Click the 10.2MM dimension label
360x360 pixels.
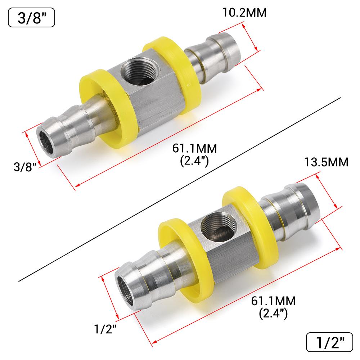(244, 13)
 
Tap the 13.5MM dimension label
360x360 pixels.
(326, 162)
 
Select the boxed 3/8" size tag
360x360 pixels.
(31, 18)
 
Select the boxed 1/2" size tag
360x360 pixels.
(329, 342)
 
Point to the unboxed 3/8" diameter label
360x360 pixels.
(25, 167)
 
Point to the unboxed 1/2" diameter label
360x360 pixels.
(105, 329)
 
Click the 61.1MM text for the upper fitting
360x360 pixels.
(194, 149)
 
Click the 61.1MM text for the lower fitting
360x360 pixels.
(273, 301)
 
